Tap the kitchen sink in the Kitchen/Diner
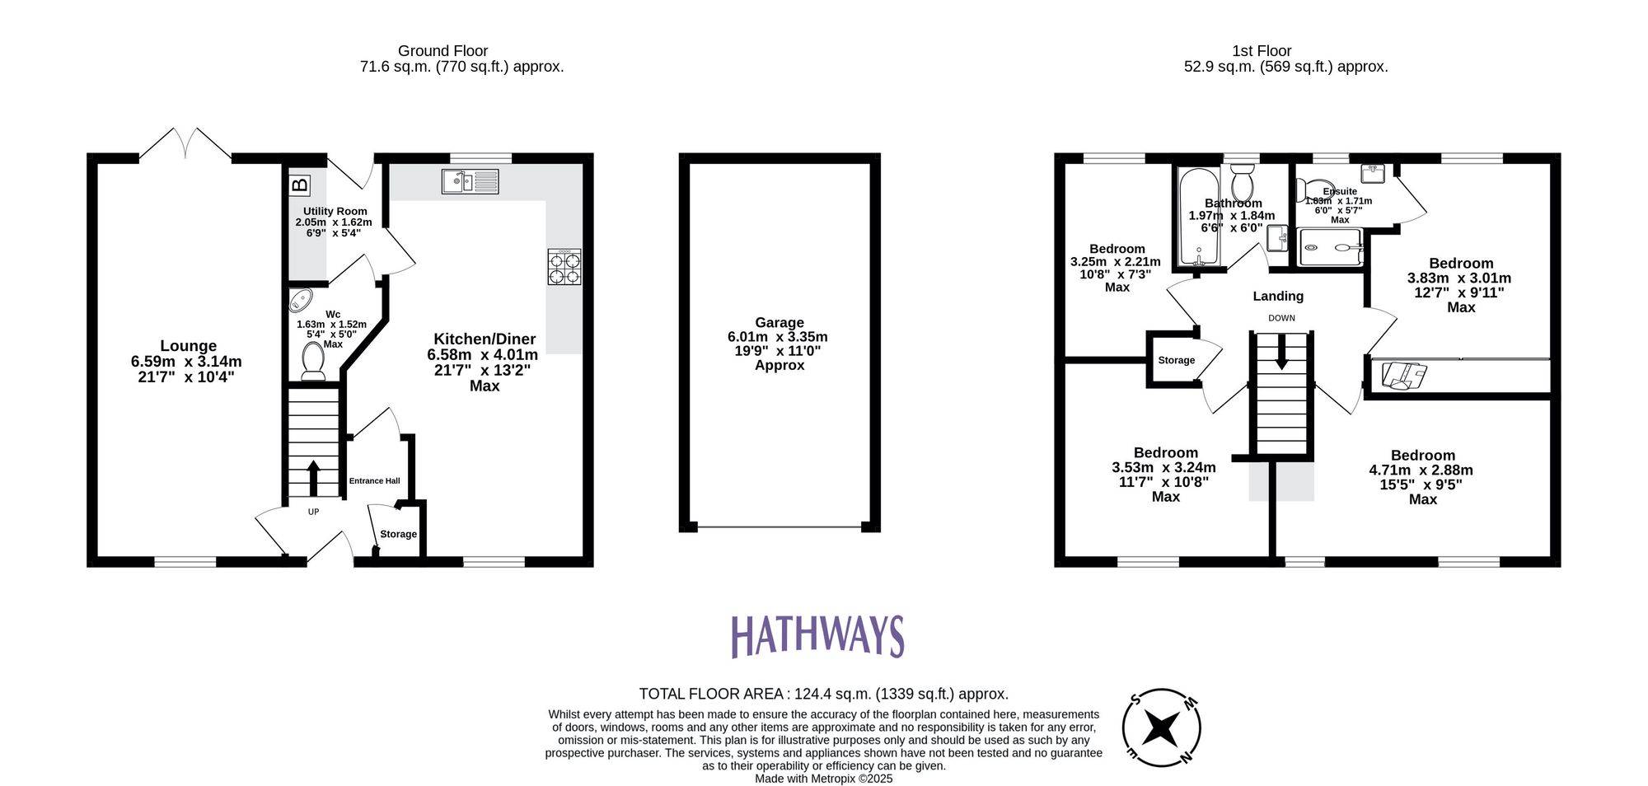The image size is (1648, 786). pyautogui.click(x=470, y=181)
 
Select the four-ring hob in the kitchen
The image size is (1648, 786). pyautogui.click(x=564, y=267)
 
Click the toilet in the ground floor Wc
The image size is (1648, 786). pyautogui.click(x=313, y=362)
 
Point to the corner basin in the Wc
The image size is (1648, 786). pyautogui.click(x=301, y=300)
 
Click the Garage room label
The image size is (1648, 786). pyautogui.click(x=779, y=323)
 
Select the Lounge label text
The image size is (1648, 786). pyautogui.click(x=188, y=346)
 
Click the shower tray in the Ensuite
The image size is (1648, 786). pyautogui.click(x=1329, y=247)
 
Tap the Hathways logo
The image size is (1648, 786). pyautogui.click(x=817, y=637)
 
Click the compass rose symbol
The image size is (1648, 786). pyautogui.click(x=1161, y=728)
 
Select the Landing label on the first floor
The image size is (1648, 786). pyautogui.click(x=1278, y=297)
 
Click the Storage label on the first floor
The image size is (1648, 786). pyautogui.click(x=1176, y=360)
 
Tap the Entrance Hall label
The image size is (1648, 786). pyautogui.click(x=374, y=481)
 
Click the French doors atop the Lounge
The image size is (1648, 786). pyautogui.click(x=185, y=144)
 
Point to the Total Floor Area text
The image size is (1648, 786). pyautogui.click(x=823, y=695)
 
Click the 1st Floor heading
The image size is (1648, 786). pyautogui.click(x=1261, y=51)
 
